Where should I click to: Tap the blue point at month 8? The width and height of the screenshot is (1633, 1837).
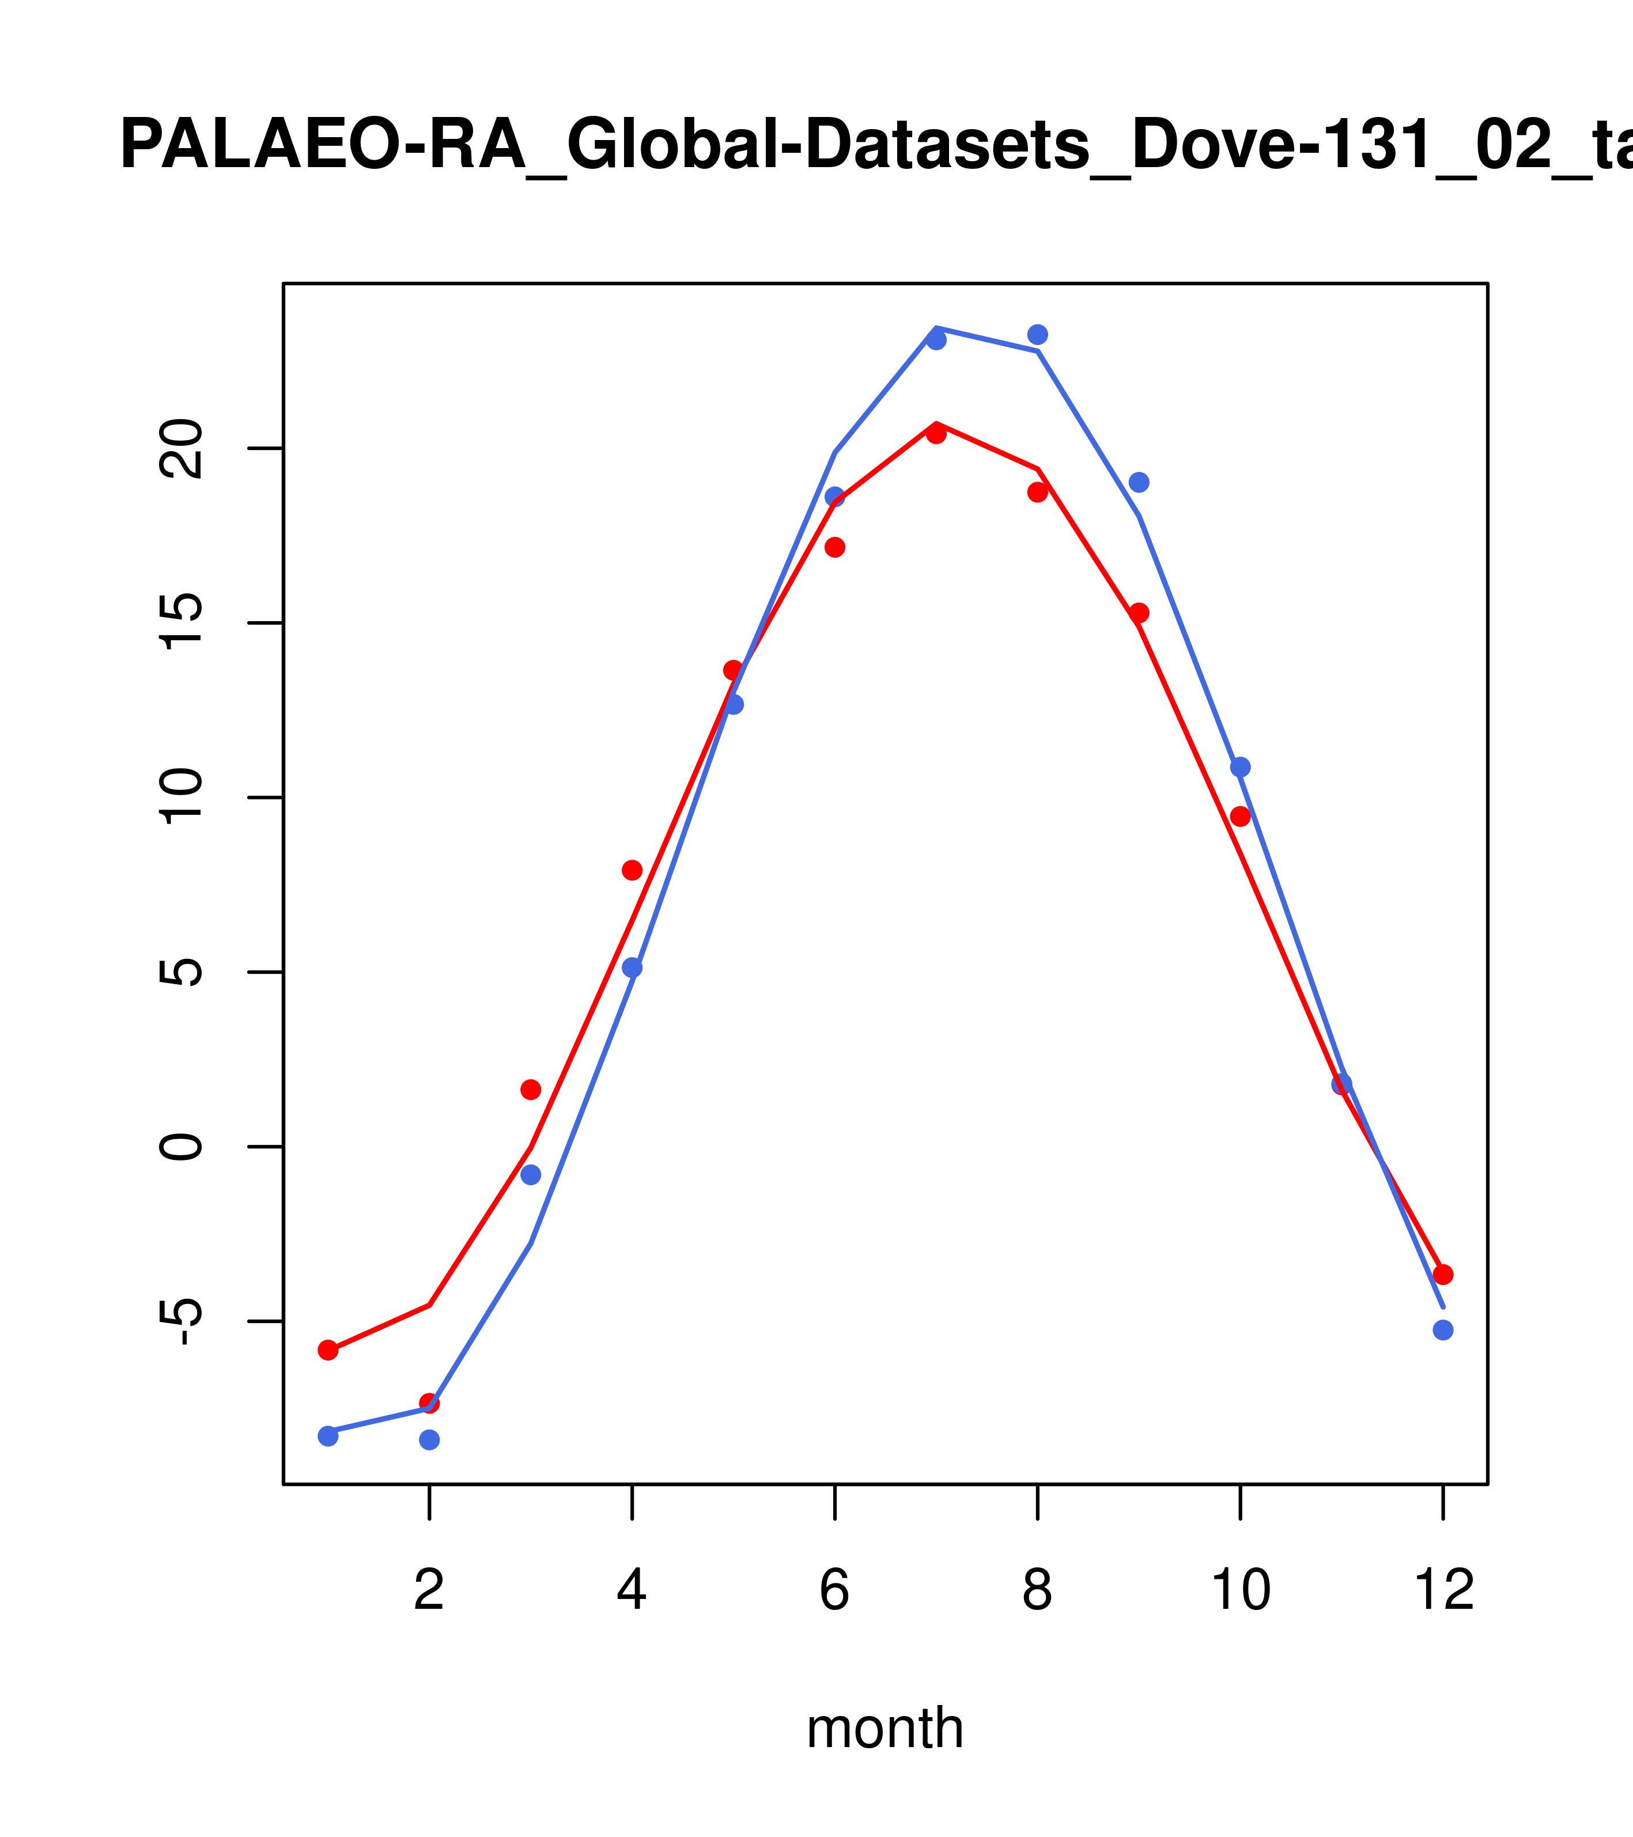1037,334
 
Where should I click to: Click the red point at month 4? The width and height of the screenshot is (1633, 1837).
632,870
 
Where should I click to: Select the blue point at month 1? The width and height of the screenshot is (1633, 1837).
328,1436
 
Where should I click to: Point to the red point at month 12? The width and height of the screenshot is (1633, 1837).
1443,1275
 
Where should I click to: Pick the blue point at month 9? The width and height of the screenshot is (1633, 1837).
1139,483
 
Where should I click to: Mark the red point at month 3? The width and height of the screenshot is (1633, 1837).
530,1089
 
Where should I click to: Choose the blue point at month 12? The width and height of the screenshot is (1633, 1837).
1443,1330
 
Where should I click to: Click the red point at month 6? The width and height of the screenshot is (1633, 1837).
835,547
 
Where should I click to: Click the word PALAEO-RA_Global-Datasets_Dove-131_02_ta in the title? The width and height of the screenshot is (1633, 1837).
876,145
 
